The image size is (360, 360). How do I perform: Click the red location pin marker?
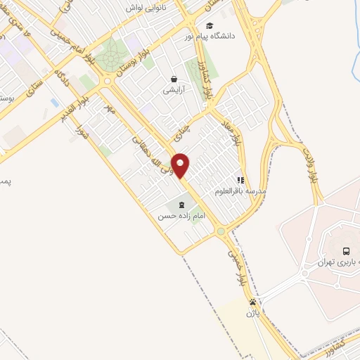point(181,165)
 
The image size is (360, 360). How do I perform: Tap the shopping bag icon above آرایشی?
point(173,79)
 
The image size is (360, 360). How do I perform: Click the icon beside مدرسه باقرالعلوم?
point(240,180)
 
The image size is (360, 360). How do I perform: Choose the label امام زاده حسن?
point(181,216)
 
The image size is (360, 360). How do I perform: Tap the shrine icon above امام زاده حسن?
point(182,205)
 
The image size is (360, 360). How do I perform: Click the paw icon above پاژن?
point(252,302)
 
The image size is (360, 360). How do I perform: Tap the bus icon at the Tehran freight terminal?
point(345,251)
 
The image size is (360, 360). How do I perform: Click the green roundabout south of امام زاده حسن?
point(220,231)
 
